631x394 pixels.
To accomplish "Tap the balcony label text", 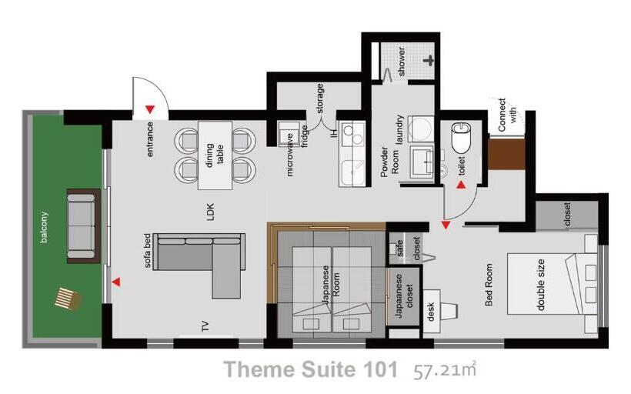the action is (x=44, y=227).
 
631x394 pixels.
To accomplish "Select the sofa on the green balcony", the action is (x=82, y=225).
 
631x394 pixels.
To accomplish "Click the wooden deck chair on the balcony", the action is (x=67, y=299).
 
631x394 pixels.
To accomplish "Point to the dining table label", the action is (x=215, y=155).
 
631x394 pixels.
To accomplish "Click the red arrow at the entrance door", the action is (x=150, y=109).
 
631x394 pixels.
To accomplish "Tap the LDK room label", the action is (x=211, y=212).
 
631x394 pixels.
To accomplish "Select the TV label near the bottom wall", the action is (x=205, y=326).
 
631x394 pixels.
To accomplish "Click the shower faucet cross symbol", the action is (x=429, y=61).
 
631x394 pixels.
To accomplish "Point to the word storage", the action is (x=320, y=98).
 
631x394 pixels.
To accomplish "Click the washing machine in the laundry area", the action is (x=421, y=129).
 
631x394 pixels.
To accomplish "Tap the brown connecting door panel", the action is (x=506, y=154).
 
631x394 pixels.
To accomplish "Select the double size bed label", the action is (x=540, y=285).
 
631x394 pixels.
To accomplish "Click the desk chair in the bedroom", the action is (x=450, y=311).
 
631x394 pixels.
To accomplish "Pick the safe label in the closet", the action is (x=399, y=249).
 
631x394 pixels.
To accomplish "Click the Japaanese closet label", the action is (x=404, y=295).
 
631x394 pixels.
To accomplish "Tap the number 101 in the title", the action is (x=380, y=369).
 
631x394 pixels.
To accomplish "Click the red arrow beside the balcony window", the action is (x=116, y=282).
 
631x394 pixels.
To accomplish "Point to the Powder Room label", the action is (x=389, y=162).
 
